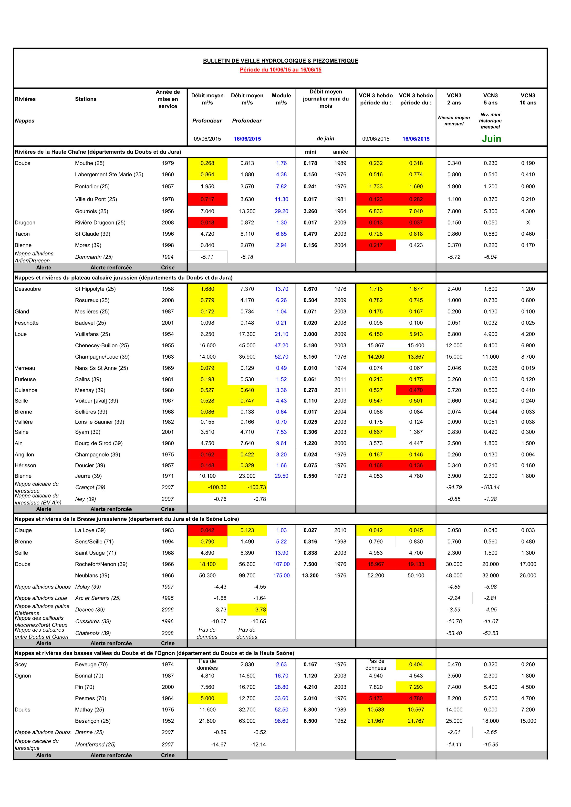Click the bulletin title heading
(x=280, y=61)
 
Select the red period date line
(x=280, y=70)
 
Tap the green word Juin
(x=491, y=139)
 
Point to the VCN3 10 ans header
(x=528, y=99)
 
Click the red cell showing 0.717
(x=207, y=199)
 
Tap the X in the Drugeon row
(x=528, y=222)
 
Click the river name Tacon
(x=22, y=234)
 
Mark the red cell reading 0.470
(x=416, y=390)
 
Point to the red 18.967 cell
(x=376, y=564)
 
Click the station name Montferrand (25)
(x=95, y=745)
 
